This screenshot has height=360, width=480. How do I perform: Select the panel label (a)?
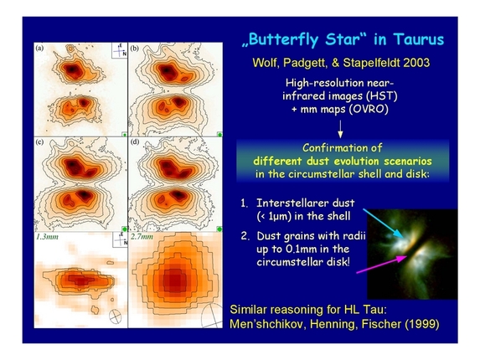tap(39, 48)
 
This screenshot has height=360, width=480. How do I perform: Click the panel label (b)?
tap(134, 48)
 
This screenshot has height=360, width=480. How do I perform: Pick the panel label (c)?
tap(39, 144)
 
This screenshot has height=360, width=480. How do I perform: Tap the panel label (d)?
tap(134, 144)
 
